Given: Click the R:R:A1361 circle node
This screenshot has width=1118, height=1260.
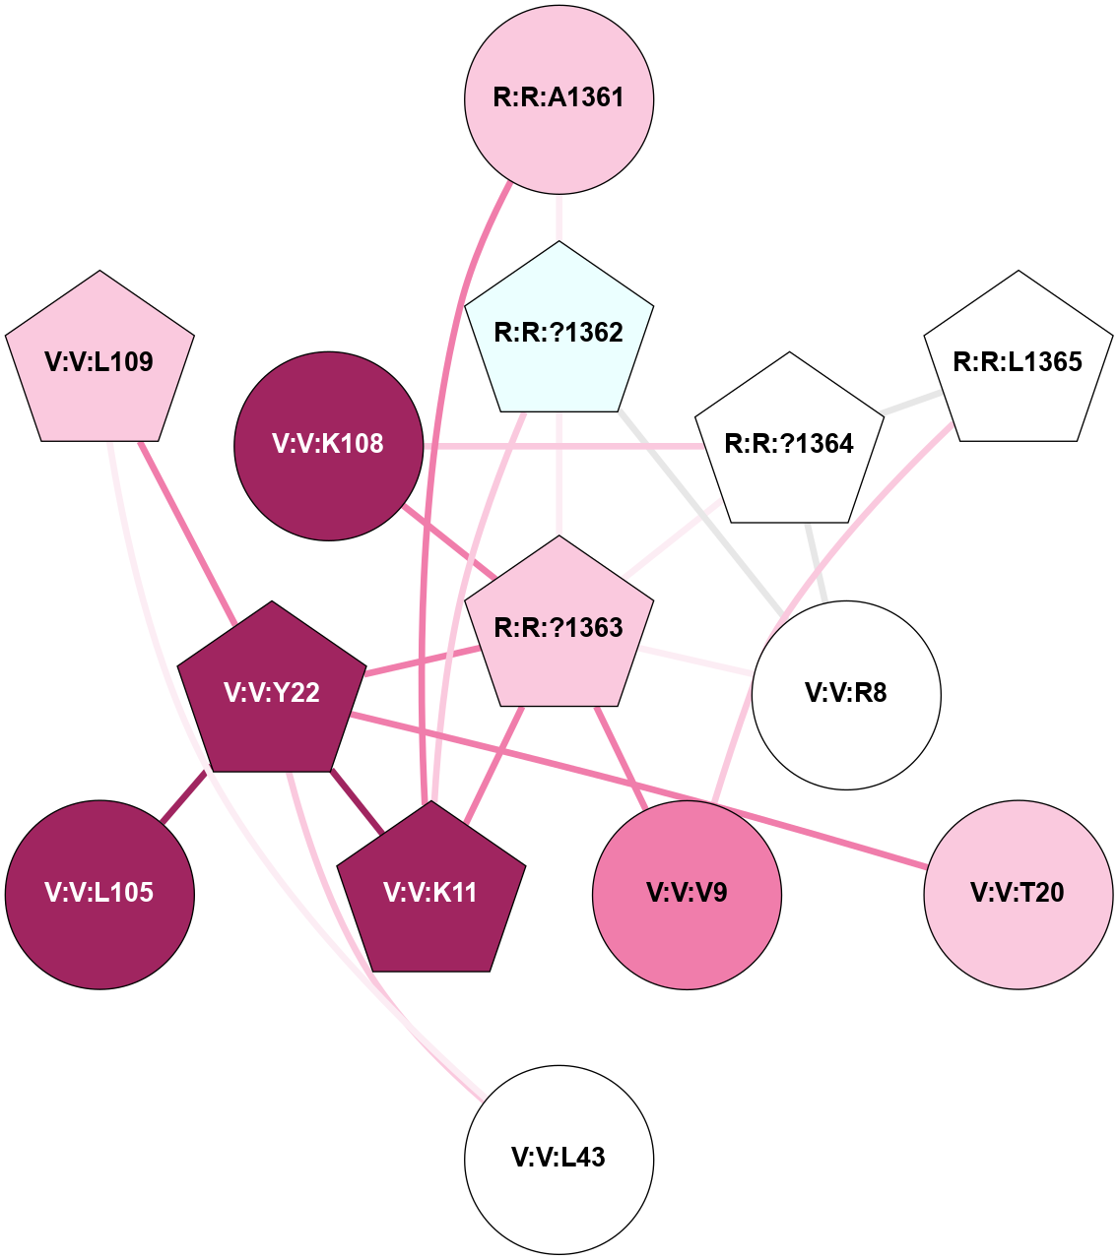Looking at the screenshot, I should (559, 98).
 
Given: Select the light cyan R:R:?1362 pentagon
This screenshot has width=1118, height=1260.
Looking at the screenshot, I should (559, 332).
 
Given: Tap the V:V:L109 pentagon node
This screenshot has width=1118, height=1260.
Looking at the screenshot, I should (99, 361).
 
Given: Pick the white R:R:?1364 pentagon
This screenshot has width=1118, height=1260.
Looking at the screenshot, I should (789, 443).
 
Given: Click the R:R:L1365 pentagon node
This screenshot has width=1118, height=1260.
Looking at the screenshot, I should (1018, 361).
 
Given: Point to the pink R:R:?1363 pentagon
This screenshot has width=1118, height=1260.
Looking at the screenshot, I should (559, 627).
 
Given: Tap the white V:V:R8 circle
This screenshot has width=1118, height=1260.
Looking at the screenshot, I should (846, 694).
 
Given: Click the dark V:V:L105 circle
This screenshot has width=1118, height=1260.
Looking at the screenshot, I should (99, 894).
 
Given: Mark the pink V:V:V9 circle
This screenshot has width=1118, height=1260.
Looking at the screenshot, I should (687, 894).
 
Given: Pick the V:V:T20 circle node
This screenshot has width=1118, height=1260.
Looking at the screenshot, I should (1018, 894).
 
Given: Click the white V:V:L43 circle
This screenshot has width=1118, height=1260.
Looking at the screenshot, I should (559, 1159).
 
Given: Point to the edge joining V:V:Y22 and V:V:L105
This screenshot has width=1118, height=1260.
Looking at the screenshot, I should (183, 796).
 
